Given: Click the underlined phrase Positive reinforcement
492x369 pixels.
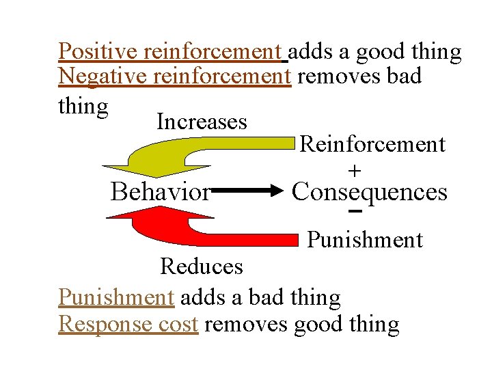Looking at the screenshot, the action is click(170, 51).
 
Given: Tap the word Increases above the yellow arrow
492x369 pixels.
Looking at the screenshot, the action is click(202, 122).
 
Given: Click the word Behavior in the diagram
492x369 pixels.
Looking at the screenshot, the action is click(161, 193).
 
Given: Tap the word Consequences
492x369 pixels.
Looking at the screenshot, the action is click(369, 192).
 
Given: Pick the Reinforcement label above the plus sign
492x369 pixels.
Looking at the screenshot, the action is click(372, 144).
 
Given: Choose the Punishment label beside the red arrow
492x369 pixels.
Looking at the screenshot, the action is click(365, 240).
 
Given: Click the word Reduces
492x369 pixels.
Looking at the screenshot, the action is click(202, 266).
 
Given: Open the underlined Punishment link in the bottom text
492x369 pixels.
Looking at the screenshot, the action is click(117, 298).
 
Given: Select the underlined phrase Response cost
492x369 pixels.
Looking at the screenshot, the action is click(128, 324).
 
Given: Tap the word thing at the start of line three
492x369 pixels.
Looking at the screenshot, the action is click(83, 107).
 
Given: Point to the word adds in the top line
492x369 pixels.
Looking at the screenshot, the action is click(312, 51).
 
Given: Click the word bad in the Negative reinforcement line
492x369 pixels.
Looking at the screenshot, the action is click(402, 77).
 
